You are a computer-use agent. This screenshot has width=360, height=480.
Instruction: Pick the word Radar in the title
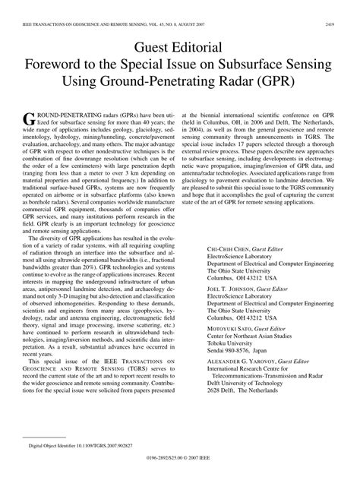235,78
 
